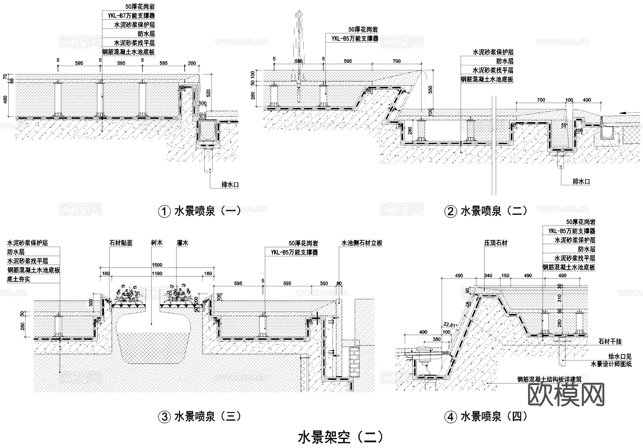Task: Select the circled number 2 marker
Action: tap(450, 212)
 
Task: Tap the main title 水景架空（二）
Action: tap(341, 437)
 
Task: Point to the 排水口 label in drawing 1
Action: tap(230, 185)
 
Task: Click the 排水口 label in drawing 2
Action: tap(581, 181)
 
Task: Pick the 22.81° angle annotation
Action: tap(450, 325)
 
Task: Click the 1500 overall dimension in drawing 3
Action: tap(157, 265)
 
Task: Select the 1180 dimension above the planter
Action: tap(157, 274)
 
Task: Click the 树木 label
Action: tap(157, 243)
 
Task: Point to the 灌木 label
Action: tap(182, 243)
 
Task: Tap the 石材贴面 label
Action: tap(121, 243)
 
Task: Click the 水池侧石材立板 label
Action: tap(362, 243)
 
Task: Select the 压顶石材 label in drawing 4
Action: tap(496, 243)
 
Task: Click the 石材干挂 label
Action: tap(610, 342)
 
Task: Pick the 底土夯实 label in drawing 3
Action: tap(19, 279)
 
